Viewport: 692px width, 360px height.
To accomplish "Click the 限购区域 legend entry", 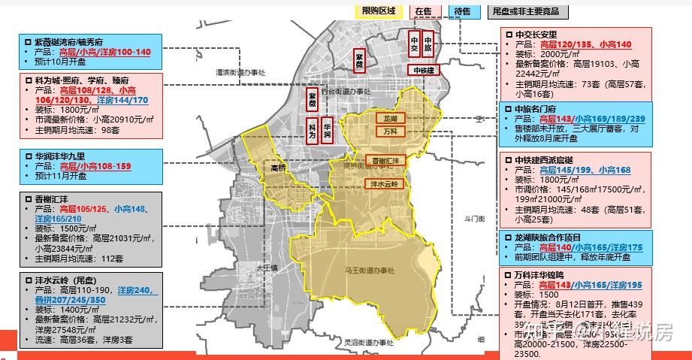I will tap(378, 11).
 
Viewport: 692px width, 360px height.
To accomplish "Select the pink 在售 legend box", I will tap(424, 11).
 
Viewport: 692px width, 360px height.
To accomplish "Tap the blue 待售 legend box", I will tap(463, 11).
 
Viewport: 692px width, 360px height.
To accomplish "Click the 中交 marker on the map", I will tap(414, 44).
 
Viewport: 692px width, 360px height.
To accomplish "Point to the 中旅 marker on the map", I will tap(428, 44).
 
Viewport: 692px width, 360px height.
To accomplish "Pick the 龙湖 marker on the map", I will tap(389, 119).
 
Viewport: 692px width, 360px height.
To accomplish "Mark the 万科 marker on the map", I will tap(389, 132).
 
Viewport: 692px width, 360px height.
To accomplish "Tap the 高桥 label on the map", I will tap(278, 168).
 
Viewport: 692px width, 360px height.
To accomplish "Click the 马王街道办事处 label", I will tap(366, 270).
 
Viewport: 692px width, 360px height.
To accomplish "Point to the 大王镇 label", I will tap(267, 268).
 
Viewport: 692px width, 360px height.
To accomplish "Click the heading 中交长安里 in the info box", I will tap(536, 35).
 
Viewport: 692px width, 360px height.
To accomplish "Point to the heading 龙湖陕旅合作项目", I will tap(551, 237).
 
